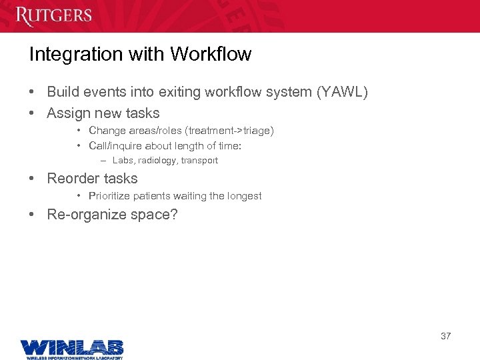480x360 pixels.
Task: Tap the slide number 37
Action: [x=445, y=336]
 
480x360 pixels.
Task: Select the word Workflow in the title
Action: [x=211, y=55]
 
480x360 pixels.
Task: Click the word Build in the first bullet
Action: [x=63, y=93]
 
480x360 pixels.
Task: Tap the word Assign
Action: [x=69, y=113]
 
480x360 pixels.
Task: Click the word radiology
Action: [x=157, y=161]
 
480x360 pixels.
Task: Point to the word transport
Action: [x=199, y=161]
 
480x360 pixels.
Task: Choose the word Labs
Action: [x=123, y=161]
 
